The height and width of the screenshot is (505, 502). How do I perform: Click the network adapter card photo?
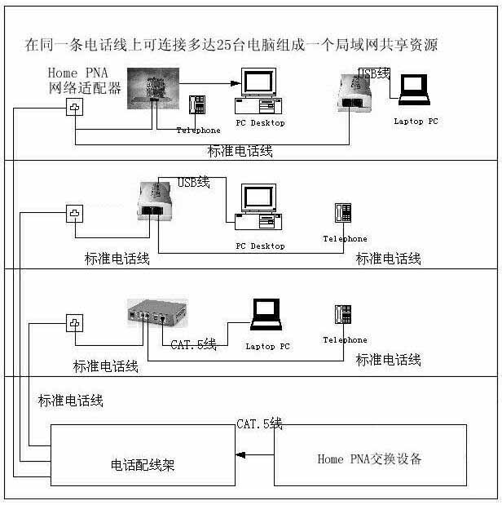click(x=152, y=89)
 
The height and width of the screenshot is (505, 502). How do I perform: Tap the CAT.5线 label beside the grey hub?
click(x=193, y=345)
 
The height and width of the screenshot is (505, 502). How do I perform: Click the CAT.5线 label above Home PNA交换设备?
click(x=259, y=423)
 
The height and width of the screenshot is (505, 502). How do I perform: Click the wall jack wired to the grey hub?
click(x=75, y=324)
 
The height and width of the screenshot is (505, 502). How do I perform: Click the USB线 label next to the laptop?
click(x=374, y=73)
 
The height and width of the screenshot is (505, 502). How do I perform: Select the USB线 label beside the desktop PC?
click(x=194, y=182)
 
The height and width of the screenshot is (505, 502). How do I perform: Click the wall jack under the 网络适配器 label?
click(x=75, y=109)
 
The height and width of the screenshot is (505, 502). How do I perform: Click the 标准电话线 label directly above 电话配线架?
click(x=71, y=401)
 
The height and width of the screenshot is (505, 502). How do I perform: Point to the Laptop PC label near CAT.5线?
click(x=267, y=346)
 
